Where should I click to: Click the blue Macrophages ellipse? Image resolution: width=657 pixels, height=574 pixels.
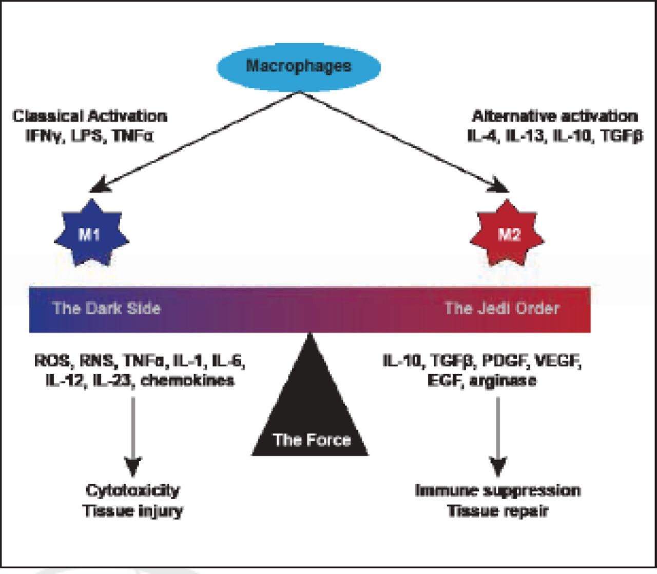tap(299, 67)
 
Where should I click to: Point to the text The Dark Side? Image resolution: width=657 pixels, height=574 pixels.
tap(107, 308)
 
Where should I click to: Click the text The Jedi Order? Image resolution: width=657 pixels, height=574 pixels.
tap(501, 308)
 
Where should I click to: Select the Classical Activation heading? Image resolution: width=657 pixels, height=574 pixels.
tap(90, 116)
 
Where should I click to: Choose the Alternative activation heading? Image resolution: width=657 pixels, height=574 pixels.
tap(555, 116)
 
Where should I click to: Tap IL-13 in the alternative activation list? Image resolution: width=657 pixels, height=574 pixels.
tap(525, 137)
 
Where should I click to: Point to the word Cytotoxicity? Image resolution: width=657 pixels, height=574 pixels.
tap(133, 490)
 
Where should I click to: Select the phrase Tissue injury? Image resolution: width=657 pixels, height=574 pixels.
tap(133, 511)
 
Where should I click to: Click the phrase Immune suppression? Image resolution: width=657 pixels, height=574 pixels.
tap(498, 490)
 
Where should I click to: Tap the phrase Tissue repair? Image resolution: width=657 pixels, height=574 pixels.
tap(498, 511)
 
